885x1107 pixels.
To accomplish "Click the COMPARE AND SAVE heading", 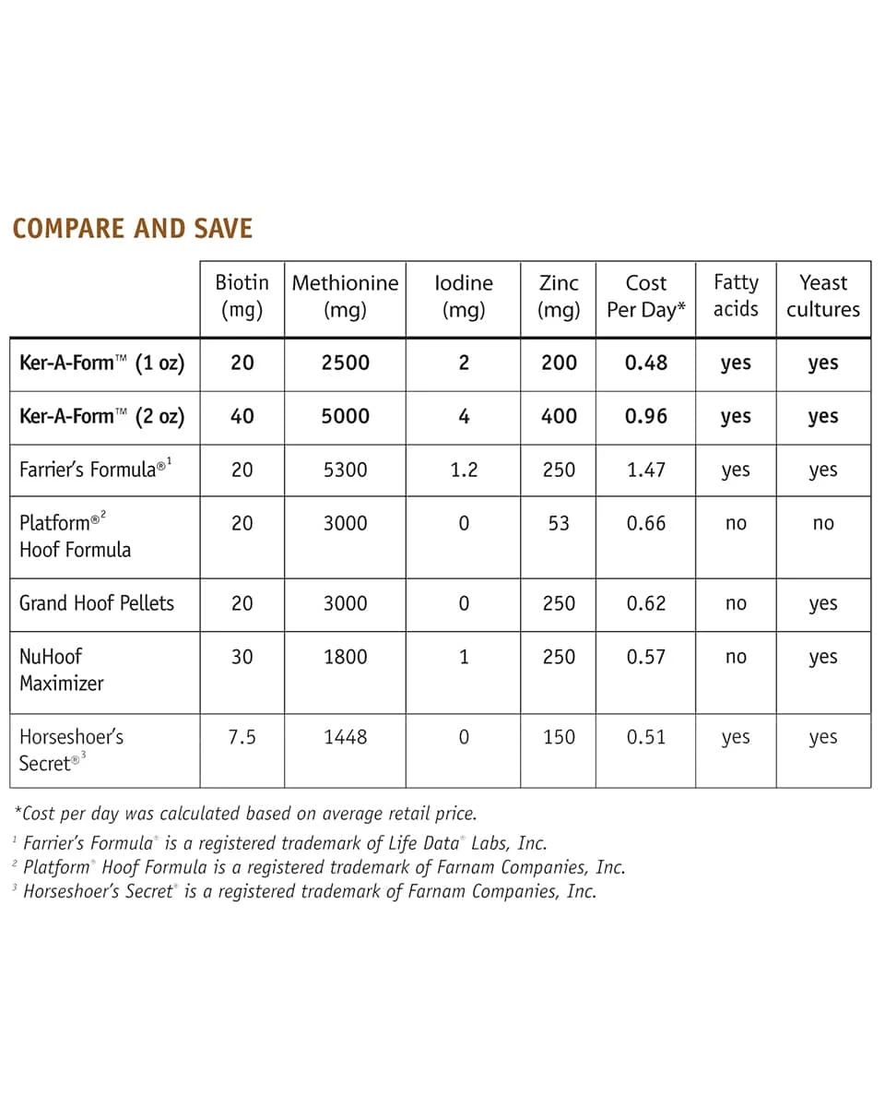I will point(133,229).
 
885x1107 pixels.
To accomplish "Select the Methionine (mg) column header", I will point(345,296).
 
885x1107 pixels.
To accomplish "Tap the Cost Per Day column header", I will point(645,296).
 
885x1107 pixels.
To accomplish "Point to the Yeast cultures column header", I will point(822,296).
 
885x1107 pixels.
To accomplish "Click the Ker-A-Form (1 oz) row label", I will point(101,363).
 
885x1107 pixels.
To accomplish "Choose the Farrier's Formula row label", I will point(95,470).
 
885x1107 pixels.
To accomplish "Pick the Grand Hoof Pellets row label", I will point(96,603).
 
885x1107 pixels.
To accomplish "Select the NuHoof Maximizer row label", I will point(61,670).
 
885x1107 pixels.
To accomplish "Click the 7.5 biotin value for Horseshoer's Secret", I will point(242,737).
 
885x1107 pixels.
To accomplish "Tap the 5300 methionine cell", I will point(345,470).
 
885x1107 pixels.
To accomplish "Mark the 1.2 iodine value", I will point(463,470).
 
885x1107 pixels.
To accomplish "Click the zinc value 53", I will point(559,523).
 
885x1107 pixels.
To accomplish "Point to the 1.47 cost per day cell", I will point(645,470).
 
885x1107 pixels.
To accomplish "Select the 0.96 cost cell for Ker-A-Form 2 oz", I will point(645,416).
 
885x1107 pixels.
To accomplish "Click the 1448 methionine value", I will point(345,737).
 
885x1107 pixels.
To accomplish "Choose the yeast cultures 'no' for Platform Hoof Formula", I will point(822,523).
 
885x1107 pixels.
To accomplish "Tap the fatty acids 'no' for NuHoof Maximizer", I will point(736,657).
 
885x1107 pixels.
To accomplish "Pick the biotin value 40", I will point(242,416).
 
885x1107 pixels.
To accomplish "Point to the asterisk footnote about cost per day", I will point(245,814).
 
